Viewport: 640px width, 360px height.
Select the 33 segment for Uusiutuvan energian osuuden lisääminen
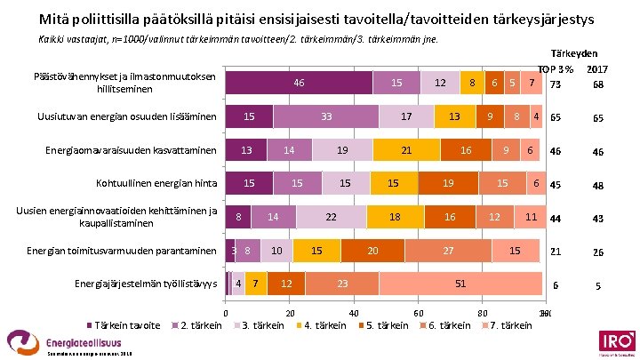tap(326, 116)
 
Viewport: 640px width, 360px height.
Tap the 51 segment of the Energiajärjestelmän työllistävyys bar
tap(460, 284)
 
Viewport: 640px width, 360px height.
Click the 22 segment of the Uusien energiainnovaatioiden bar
tap(330, 217)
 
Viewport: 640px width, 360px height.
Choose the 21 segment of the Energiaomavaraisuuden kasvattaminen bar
tap(405, 150)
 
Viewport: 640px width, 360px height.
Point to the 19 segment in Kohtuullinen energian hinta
tap(448, 183)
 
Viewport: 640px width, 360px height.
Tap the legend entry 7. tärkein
tap(504, 325)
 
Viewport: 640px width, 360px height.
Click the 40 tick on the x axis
tap(354, 313)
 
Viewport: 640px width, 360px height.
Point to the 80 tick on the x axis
tap(482, 313)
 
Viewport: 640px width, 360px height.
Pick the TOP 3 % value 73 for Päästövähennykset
tap(556, 84)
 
